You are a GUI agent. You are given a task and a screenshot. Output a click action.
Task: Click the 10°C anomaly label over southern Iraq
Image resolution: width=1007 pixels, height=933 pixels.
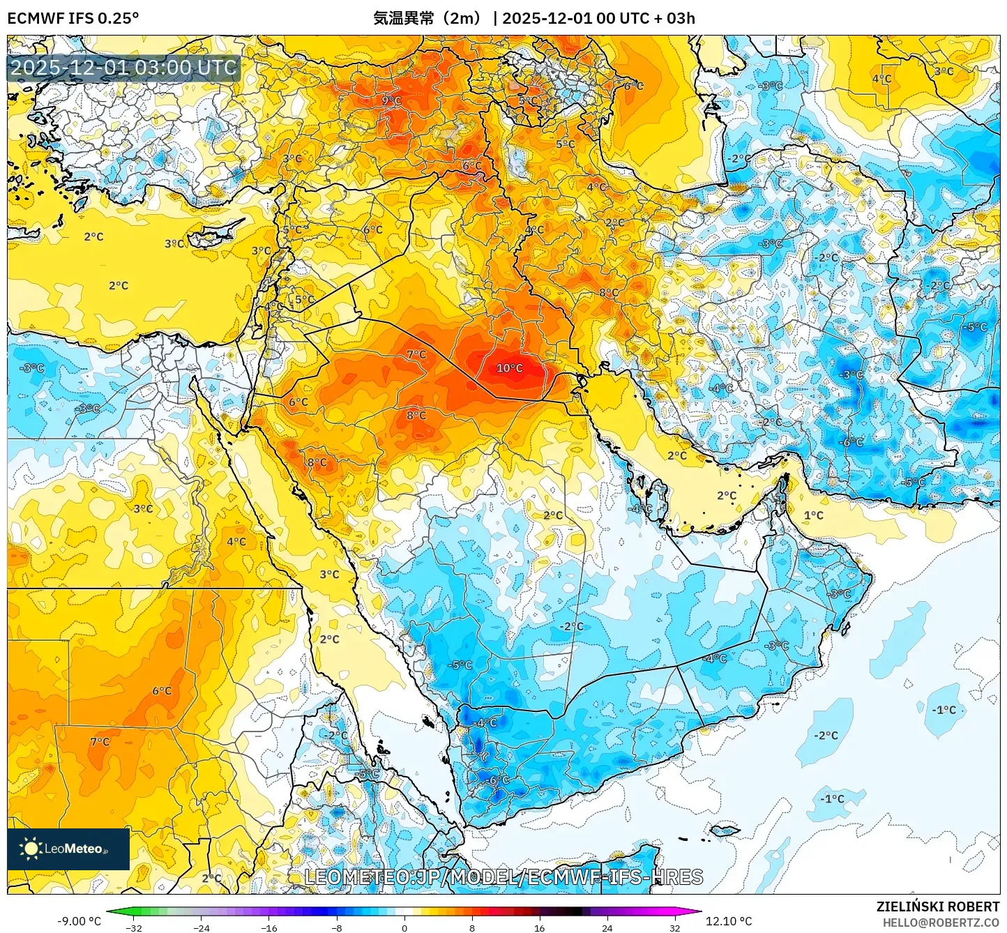click(x=509, y=368)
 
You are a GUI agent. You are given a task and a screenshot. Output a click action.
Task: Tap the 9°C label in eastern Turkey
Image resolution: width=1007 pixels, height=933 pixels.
click(x=391, y=100)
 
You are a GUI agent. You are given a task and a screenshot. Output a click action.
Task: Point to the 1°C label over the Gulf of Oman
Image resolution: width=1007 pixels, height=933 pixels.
click(x=813, y=515)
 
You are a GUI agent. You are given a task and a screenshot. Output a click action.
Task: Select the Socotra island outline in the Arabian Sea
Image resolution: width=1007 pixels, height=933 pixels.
click(x=725, y=830)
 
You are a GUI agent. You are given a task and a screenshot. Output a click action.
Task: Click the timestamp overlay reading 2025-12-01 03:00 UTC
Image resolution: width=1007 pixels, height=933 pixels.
click(x=124, y=68)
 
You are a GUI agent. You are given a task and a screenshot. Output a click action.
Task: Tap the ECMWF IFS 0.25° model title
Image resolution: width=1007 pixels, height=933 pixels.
click(x=73, y=18)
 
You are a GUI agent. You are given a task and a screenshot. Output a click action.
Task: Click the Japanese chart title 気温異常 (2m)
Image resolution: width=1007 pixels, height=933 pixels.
click(x=427, y=18)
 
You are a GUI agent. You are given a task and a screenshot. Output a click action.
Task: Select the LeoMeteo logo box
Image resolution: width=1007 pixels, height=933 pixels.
click(x=68, y=849)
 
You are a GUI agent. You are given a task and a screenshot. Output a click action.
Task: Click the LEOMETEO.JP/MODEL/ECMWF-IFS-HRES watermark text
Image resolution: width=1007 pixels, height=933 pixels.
click(x=503, y=877)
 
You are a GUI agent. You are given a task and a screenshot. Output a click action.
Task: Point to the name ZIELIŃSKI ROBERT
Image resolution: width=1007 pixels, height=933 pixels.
click(x=937, y=907)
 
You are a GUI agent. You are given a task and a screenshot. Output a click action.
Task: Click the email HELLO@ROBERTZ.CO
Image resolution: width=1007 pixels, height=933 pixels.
click(x=941, y=923)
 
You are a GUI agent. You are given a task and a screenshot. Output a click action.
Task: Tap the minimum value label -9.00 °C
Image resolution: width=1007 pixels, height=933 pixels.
click(x=79, y=921)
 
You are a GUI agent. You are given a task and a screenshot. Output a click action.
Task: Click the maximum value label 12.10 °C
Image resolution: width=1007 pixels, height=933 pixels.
click(x=729, y=921)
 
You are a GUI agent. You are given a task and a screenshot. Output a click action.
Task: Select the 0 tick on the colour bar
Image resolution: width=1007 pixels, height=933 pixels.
click(x=404, y=928)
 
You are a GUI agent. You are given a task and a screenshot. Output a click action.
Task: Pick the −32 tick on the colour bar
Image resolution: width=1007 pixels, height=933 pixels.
click(x=134, y=928)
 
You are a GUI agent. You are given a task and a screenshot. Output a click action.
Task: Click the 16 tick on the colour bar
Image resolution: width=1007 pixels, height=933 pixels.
click(x=539, y=928)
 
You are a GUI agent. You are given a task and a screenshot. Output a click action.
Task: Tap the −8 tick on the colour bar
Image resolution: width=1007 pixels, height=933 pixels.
click(x=337, y=928)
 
